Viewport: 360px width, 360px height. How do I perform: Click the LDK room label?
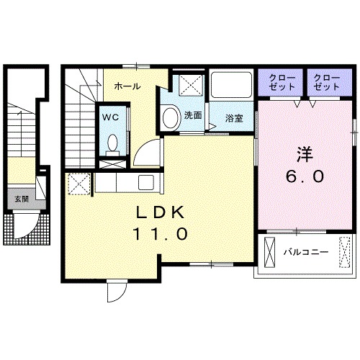click(161, 212)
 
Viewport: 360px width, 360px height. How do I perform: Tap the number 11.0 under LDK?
click(160, 234)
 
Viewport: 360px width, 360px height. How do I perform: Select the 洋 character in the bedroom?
click(302, 153)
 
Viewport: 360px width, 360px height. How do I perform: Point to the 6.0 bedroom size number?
click(302, 175)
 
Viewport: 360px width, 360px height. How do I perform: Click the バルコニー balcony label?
click(306, 253)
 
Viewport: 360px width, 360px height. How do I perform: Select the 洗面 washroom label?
click(192, 115)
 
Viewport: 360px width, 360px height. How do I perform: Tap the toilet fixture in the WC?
click(112, 144)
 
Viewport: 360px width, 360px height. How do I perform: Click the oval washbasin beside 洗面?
click(171, 117)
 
